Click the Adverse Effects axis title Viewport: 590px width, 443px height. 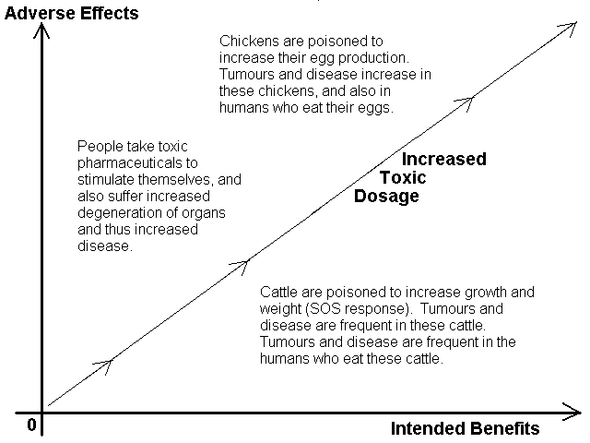pos(72,13)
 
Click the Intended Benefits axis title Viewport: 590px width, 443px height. pos(465,428)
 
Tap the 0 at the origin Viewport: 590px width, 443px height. pos(31,425)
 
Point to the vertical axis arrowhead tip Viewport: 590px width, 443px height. pos(41,23)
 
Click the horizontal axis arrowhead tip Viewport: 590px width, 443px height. pos(581,413)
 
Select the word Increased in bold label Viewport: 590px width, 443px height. pos(444,159)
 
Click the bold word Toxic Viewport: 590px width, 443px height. pos(403,177)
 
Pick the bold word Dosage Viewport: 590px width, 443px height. pos(386,197)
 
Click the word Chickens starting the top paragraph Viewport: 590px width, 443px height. pos(249,41)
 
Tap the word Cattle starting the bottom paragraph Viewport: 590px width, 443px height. pos(278,292)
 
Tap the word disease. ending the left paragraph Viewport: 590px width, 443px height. pos(105,246)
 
